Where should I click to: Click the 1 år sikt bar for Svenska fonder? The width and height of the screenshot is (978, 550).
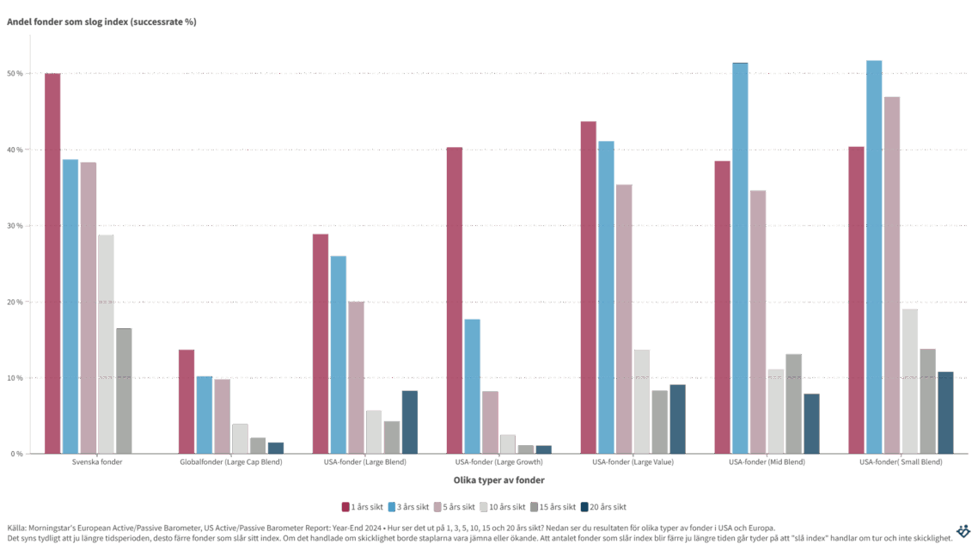[x=52, y=263]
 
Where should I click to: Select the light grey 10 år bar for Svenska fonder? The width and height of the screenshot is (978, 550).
[x=106, y=343]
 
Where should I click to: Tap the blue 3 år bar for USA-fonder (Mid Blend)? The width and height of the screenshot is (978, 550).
[x=740, y=257]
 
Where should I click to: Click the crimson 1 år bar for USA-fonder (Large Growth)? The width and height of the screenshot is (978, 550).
[x=454, y=300]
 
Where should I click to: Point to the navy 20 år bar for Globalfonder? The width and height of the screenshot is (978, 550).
[x=275, y=447]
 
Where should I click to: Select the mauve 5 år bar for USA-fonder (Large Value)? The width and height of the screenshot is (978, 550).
[x=624, y=318]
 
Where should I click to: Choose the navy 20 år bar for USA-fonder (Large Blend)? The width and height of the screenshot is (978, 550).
[x=409, y=421]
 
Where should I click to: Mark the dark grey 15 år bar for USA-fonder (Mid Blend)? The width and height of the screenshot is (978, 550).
[x=793, y=403]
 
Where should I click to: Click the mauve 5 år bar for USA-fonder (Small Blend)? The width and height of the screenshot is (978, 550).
[x=892, y=274]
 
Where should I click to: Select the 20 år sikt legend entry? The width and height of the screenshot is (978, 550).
[x=609, y=506]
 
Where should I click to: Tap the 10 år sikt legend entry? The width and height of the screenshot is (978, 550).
[x=509, y=506]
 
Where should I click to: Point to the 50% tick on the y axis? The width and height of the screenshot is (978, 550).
[x=16, y=73]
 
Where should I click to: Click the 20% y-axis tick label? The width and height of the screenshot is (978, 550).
[x=16, y=302]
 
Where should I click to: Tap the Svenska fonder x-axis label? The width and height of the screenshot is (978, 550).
[x=96, y=461]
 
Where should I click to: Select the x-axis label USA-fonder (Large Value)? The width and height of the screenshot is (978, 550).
[x=633, y=461]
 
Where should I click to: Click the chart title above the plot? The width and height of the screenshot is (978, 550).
[x=102, y=22]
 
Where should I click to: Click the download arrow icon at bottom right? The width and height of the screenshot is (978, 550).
[x=963, y=531]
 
